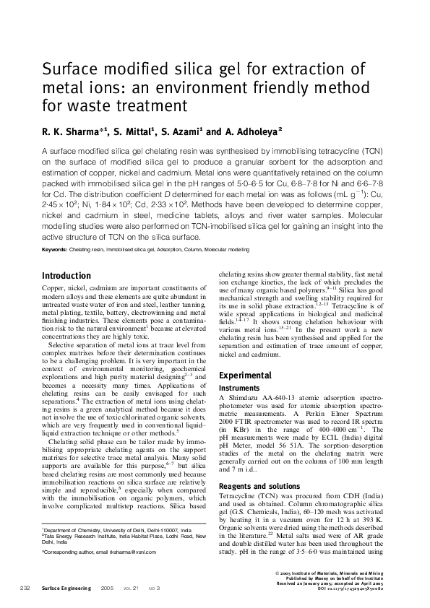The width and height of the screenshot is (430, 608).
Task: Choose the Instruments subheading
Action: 238,388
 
